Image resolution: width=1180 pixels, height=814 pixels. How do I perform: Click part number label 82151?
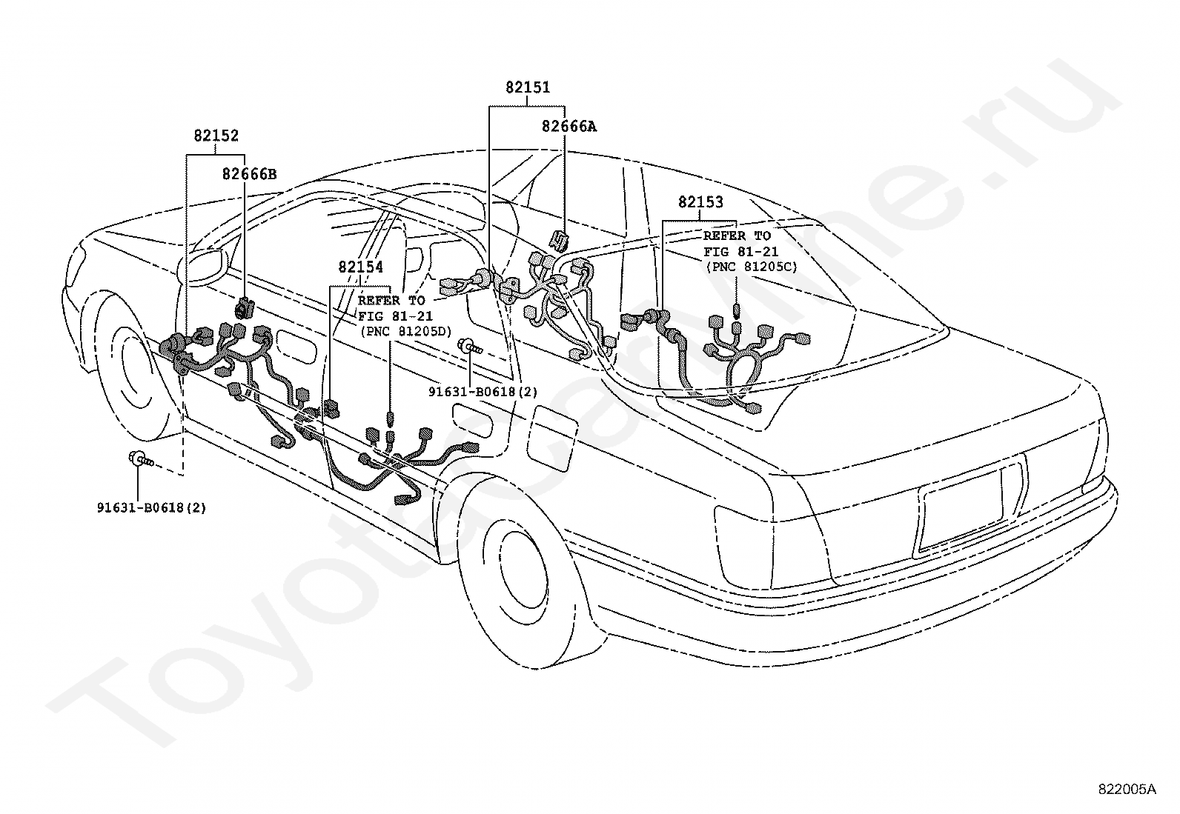pos(528,87)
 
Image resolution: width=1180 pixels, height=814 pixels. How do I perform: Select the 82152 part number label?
pos(216,136)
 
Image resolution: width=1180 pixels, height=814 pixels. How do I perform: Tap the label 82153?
pos(700,201)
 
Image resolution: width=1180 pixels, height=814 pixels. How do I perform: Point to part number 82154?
pos(361,267)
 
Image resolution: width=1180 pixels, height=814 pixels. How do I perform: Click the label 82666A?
pos(569,127)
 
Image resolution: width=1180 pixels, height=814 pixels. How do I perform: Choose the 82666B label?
pos(249,174)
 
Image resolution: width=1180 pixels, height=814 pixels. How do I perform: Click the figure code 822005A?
pos(1127,790)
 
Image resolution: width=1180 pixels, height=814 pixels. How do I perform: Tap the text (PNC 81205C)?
pos(752,267)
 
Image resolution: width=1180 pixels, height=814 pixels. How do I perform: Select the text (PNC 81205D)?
pos(406,332)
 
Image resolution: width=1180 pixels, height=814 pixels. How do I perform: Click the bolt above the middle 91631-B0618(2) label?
pos(471,347)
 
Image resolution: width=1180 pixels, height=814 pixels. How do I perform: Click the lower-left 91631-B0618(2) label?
pos(152,507)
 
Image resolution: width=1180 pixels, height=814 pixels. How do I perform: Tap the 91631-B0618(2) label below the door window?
pos(483,392)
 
